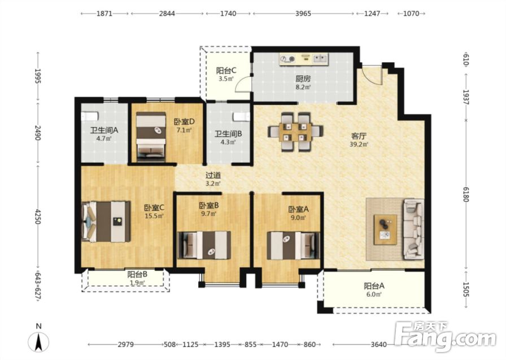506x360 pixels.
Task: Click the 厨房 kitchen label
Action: pos(303,79)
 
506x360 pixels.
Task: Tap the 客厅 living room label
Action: pos(359,136)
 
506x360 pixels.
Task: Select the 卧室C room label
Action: pos(154,207)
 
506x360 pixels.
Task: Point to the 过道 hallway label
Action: pos(213,175)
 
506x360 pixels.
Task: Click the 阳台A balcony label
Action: pos(374,286)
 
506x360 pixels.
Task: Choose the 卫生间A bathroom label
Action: pos(104,131)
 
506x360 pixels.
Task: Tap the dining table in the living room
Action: pos(295,132)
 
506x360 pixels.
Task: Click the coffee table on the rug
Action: pos(385,229)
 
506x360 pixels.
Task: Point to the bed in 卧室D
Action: pos(151,137)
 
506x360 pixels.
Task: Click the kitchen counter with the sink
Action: pos(303,59)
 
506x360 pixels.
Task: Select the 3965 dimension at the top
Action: pos(303,14)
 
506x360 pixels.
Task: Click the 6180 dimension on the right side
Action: pos(466,194)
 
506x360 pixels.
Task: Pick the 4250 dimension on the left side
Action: pos(38,216)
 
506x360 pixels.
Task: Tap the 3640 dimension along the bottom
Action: pos(378,345)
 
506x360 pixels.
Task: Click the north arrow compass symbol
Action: pos(39,341)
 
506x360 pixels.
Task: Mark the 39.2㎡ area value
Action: pos(359,144)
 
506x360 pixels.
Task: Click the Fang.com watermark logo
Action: pos(446,337)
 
